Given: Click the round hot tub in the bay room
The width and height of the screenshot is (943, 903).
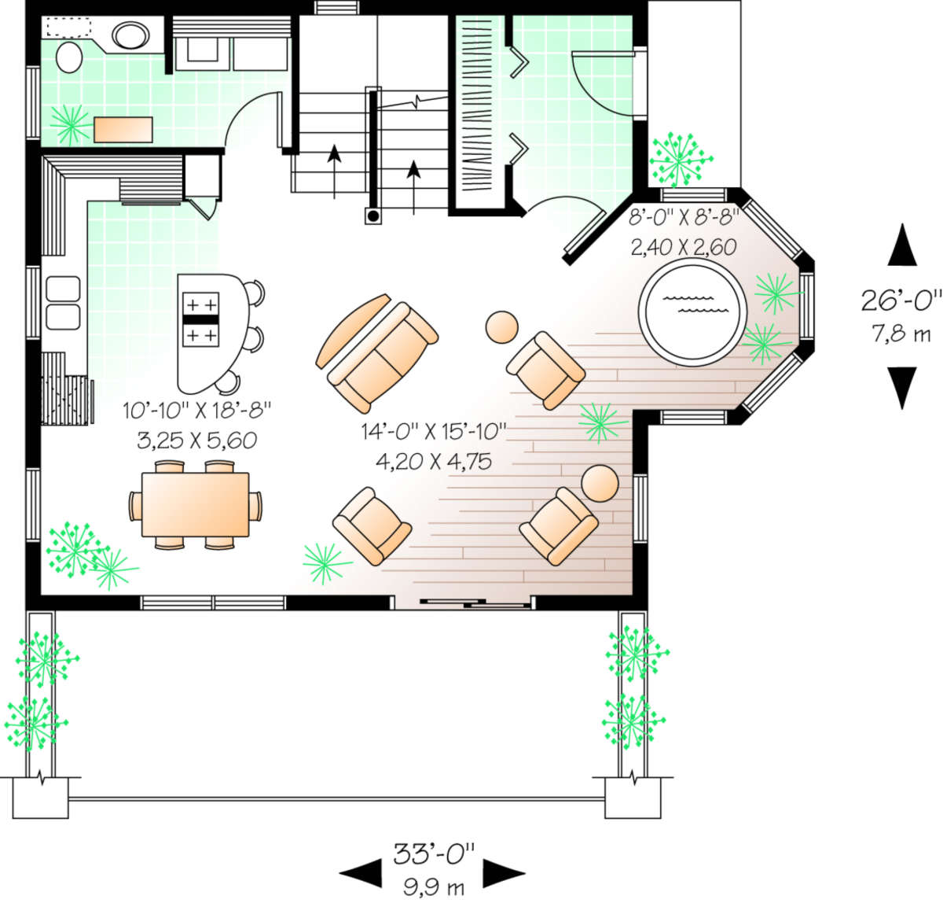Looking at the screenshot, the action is click(692, 311).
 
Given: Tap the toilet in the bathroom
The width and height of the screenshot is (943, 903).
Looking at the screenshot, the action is click(69, 57).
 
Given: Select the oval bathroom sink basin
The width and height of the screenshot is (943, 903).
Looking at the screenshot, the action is click(130, 35).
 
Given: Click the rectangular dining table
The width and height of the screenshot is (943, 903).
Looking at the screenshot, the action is click(195, 504).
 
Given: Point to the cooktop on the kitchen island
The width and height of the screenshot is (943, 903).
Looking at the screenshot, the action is click(200, 319).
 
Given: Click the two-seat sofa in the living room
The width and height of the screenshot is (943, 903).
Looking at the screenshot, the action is click(383, 357).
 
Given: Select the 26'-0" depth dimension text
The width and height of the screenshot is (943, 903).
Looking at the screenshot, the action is click(901, 300).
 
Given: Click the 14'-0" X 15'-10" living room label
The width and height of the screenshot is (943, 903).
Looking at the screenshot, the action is click(434, 431).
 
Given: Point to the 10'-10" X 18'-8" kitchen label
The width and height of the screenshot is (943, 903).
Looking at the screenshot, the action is click(196, 411).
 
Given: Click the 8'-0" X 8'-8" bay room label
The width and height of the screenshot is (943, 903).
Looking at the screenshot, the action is click(683, 218).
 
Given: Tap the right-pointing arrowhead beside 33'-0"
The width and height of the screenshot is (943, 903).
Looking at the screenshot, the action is click(504, 873).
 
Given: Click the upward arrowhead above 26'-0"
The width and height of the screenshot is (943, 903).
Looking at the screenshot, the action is click(902, 244).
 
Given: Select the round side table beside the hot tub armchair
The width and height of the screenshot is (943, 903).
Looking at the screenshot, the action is click(501, 327).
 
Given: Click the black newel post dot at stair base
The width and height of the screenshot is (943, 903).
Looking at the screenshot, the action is click(372, 216).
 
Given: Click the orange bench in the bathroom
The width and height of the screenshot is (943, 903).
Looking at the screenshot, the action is click(123, 130).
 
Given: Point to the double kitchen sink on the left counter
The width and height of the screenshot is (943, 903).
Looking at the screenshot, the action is click(63, 303).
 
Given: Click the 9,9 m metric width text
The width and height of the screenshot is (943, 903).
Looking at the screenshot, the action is click(434, 888).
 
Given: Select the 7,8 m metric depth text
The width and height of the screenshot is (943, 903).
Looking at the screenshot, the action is click(901, 334).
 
